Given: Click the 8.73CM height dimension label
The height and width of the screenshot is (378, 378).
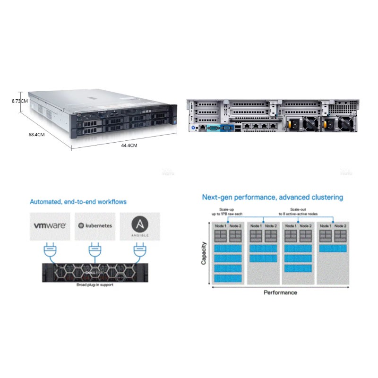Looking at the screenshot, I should coord(20,101).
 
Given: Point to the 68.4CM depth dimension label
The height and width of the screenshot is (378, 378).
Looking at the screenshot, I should coord(36,134).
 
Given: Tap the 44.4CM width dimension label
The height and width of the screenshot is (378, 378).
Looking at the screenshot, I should coord(129,146).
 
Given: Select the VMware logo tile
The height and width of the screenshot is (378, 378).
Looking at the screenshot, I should coord(50,225).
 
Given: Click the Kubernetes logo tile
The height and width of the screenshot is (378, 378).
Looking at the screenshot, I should coord(95,225).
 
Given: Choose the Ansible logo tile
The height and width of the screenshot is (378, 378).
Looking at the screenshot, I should coord(139,225).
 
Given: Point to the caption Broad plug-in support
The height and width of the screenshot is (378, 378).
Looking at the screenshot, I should coord(95,285).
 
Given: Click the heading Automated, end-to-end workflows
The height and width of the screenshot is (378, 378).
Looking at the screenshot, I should coord(78,202).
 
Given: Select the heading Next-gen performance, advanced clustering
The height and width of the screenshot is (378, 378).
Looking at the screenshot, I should coord(273,197).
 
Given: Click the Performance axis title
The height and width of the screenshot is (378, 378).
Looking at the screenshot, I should coord(280,292).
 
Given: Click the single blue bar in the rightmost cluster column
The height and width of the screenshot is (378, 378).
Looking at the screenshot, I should coord(333,248).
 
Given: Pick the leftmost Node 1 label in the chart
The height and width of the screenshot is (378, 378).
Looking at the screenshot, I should coord(221,226).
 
